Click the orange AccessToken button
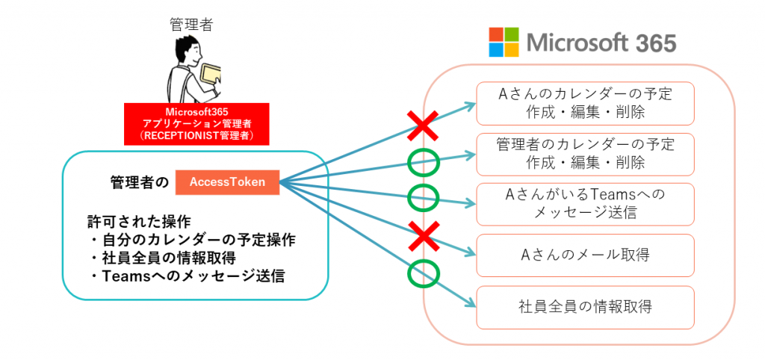point(227,181)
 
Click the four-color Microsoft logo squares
point(503,43)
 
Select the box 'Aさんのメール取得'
point(585,255)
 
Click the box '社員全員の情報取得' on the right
point(585,306)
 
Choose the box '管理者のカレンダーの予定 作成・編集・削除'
point(585,153)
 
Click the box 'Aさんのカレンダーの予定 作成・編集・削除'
point(585,103)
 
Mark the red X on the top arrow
point(423,125)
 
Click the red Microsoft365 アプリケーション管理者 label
point(196,124)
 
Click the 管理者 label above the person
point(192,25)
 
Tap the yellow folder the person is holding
point(211,75)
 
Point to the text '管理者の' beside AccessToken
point(140,182)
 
